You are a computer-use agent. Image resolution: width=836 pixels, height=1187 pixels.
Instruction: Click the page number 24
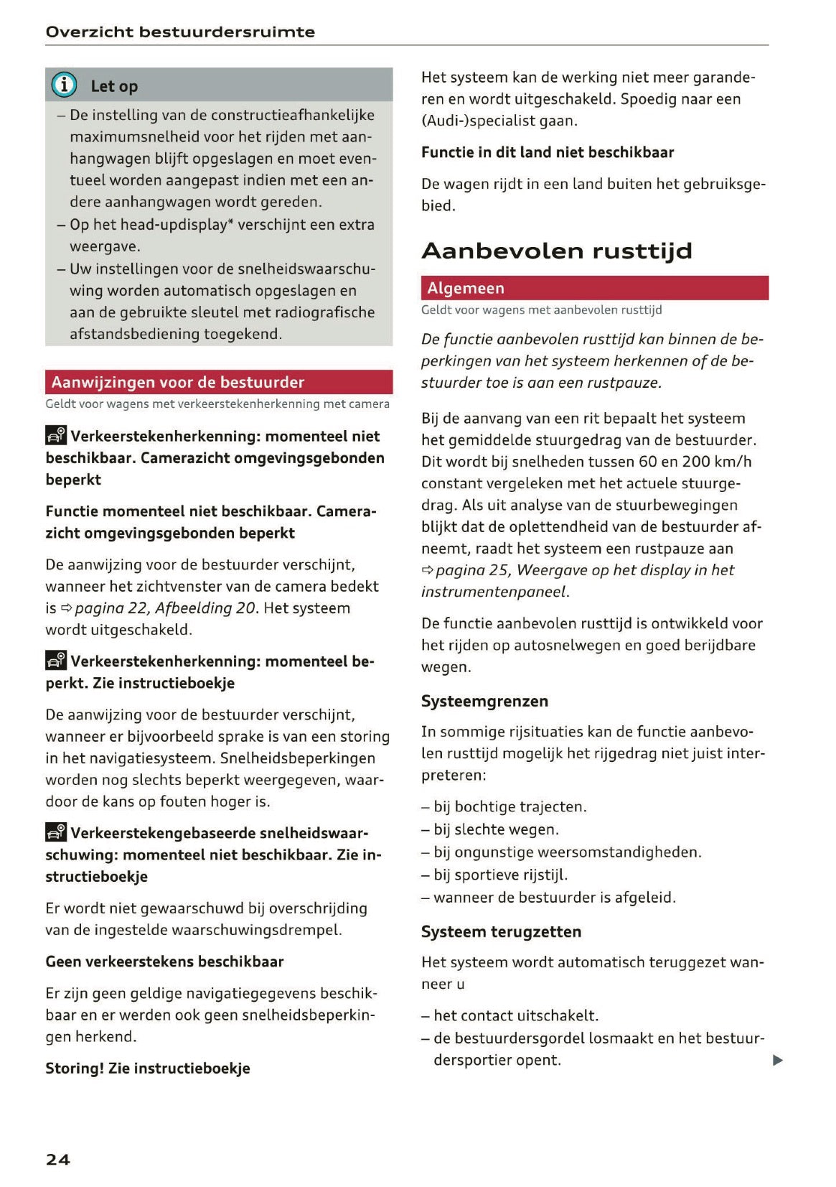pyautogui.click(x=58, y=1159)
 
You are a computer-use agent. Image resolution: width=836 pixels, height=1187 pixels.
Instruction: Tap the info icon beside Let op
pyautogui.click(x=64, y=85)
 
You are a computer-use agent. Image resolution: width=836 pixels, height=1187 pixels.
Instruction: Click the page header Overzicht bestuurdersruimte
pyautogui.click(x=180, y=32)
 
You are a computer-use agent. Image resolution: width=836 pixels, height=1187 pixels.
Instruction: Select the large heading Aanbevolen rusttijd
pyautogui.click(x=557, y=251)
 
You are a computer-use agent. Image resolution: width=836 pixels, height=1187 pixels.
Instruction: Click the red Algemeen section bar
pyautogui.click(x=594, y=288)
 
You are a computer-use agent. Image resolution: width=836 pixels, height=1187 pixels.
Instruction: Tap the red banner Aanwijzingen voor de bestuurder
pyautogui.click(x=219, y=382)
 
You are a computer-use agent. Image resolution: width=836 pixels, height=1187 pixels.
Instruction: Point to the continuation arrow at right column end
pyautogui.click(x=778, y=1061)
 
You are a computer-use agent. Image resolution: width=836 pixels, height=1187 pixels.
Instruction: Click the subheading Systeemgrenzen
pyautogui.click(x=484, y=701)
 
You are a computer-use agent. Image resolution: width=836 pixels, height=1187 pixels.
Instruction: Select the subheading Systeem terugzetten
pyautogui.click(x=501, y=931)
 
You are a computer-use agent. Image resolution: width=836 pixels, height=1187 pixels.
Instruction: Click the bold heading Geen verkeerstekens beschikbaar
pyautogui.click(x=164, y=962)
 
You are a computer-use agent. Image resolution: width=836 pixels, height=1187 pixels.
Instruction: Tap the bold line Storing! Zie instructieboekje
pyautogui.click(x=148, y=1068)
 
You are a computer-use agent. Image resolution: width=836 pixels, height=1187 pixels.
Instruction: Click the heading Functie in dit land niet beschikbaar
pyautogui.click(x=548, y=152)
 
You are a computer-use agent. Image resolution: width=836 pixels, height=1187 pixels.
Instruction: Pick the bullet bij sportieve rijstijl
pyautogui.click(x=500, y=875)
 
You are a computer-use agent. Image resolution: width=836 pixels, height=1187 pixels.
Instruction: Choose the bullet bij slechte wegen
pyautogui.click(x=496, y=829)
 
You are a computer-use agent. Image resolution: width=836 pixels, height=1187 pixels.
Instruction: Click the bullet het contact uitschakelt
pyautogui.click(x=516, y=1015)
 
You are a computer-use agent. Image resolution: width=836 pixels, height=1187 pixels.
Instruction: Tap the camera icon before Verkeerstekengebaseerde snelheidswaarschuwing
pyautogui.click(x=56, y=832)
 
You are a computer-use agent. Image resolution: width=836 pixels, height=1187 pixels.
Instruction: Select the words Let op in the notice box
pyautogui.click(x=114, y=86)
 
